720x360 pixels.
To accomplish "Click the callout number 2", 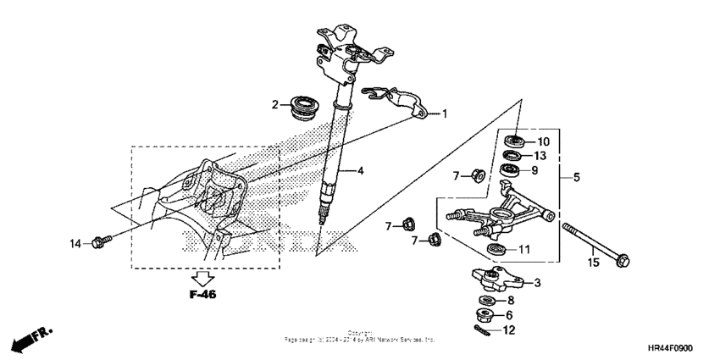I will pyautogui.click(x=275, y=105).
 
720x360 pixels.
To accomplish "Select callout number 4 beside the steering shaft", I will pyautogui.click(x=360, y=170).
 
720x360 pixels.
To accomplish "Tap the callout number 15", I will pyautogui.click(x=594, y=263).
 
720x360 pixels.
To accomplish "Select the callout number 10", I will pyautogui.click(x=544, y=141).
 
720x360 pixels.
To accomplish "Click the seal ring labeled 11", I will pyautogui.click(x=496, y=248).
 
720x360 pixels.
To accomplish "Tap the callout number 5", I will pyautogui.click(x=577, y=179).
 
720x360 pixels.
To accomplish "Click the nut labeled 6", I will pyautogui.click(x=486, y=315).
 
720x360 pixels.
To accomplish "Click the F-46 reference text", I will pyautogui.click(x=202, y=297).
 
